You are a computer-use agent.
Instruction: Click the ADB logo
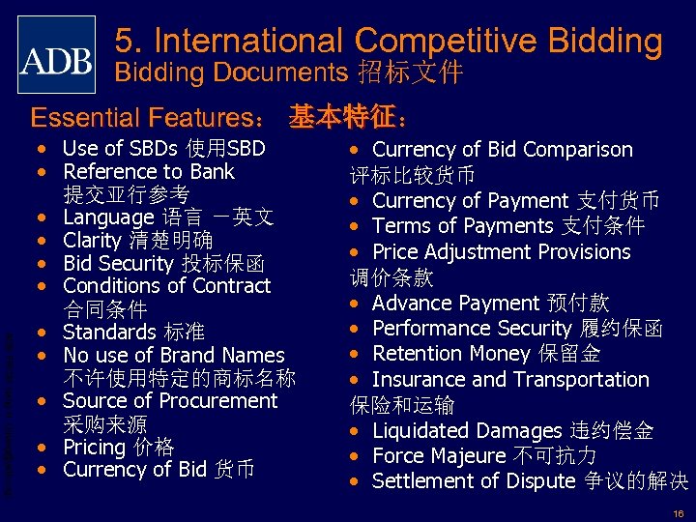57,55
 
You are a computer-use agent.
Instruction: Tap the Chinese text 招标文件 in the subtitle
410,72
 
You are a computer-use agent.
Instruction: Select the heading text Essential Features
142,118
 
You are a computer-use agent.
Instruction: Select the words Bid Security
114,263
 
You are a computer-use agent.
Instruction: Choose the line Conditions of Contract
166,286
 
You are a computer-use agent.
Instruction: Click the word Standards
107,333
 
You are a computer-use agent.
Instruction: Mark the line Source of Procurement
169,400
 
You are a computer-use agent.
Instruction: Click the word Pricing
93,447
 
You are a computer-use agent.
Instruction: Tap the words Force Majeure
439,455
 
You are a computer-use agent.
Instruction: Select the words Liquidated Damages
467,430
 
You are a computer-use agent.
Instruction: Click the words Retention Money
451,353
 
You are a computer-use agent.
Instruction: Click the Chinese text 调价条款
391,277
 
